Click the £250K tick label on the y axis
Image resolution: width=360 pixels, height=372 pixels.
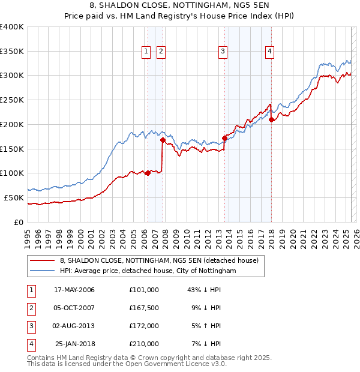coord(11,100)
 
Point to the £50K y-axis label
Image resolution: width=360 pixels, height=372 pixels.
coord(13,197)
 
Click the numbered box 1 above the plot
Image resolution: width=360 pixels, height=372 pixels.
coord(146,52)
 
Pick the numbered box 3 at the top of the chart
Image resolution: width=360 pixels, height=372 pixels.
coord(223,52)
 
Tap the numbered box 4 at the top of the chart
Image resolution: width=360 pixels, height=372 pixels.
coord(270,52)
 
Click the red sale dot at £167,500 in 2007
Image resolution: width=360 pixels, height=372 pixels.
coord(163,140)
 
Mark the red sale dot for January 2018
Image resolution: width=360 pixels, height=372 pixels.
coord(271,119)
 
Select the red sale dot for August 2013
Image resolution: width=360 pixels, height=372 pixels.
coord(224,138)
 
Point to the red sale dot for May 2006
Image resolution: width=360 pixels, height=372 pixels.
coord(148,173)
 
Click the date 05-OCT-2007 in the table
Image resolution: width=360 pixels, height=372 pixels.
coord(74,308)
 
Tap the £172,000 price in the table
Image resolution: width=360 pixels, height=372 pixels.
coord(144,326)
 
